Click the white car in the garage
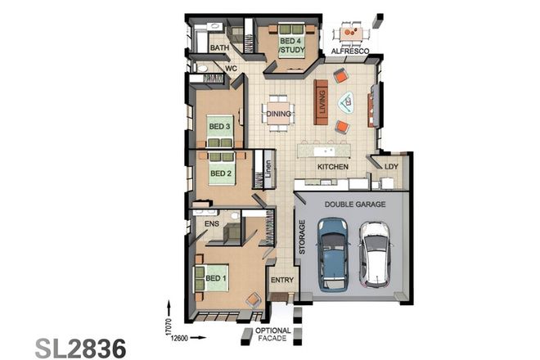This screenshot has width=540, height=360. click(376, 255)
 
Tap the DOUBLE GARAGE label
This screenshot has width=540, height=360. click(352, 205)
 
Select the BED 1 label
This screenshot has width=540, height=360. click(215, 278)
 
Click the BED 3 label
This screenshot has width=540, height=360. click(219, 127)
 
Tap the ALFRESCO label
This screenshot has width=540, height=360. click(351, 52)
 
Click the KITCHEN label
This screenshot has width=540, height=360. click(334, 167)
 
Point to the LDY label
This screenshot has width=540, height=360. click(391, 167)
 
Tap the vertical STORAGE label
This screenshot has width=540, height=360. click(302, 238)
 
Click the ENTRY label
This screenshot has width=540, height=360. click(281, 280)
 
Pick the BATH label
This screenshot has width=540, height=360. click(219, 48)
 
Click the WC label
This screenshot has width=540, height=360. click(231, 69)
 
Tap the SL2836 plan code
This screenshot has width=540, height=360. click(80, 347)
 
